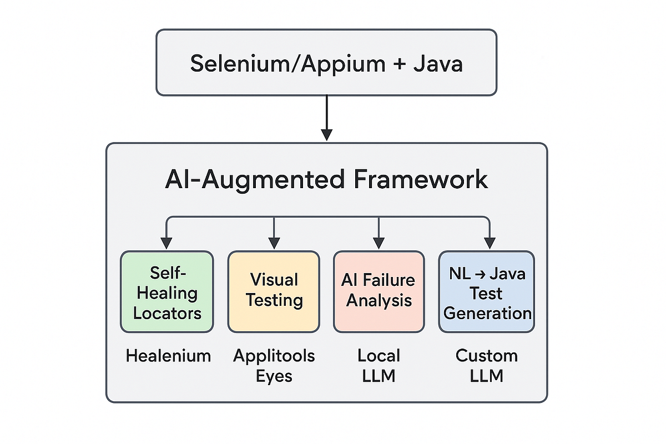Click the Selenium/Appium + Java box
point(326,62)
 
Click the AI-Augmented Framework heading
point(326,180)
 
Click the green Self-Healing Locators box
point(167,292)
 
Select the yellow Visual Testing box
point(274,292)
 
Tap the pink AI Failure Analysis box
point(379,292)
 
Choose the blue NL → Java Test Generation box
point(487,292)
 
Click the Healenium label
point(168,356)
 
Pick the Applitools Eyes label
point(274,365)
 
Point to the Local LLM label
point(379,365)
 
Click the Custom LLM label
point(487,365)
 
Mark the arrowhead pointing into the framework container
point(327,135)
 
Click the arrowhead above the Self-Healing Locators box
point(166,243)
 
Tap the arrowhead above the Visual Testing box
point(274,243)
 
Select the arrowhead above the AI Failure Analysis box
point(379,243)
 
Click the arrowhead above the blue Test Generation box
point(489,243)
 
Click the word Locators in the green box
point(167,313)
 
